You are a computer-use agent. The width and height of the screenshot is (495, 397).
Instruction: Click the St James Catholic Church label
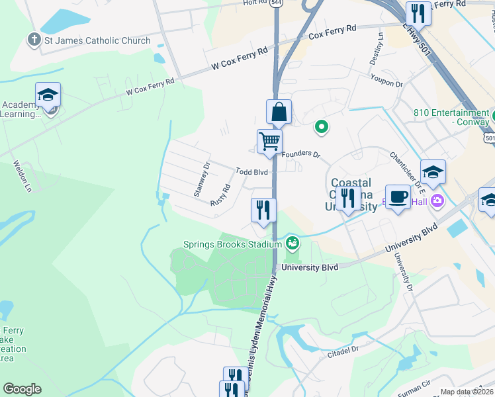coord(98,40)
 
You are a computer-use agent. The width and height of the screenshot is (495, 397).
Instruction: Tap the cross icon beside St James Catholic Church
coord(34,40)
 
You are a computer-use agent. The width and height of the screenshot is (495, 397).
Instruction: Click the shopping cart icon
coord(269,141)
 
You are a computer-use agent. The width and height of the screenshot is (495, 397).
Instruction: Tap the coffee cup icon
coord(398,197)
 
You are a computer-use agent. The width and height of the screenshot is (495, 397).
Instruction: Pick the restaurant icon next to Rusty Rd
coord(263,210)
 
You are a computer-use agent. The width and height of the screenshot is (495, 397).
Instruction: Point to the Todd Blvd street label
coord(251,172)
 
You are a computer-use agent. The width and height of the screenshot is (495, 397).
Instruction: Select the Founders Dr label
coord(300,154)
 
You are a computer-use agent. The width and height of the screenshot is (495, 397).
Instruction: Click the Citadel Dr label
coord(342,351)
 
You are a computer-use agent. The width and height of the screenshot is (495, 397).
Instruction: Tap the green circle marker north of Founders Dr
coord(322,126)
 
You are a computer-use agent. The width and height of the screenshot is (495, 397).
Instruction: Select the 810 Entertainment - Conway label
coord(451,117)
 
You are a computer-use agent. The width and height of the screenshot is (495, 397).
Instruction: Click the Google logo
coord(22,389)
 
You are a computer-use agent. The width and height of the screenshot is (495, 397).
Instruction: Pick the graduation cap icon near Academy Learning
coord(48,95)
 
